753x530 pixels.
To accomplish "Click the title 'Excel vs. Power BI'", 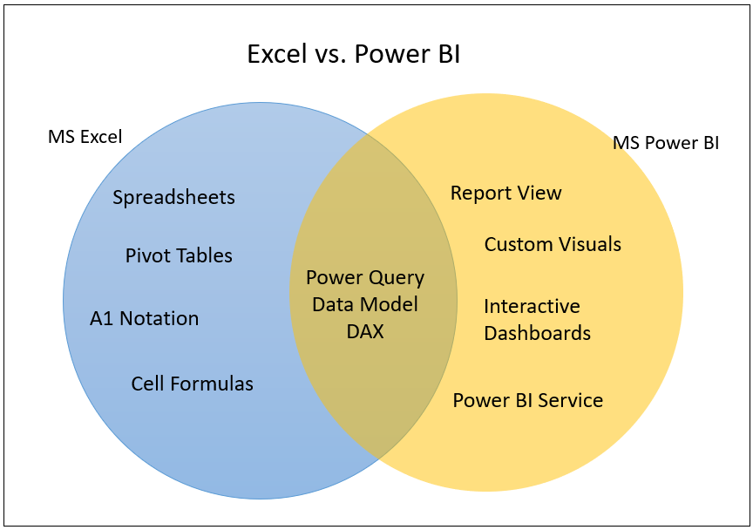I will point(353,54).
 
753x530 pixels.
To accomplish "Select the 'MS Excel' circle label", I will point(85,137).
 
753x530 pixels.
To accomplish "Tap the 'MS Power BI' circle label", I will point(666,143).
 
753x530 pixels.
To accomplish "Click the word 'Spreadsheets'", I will point(173,198).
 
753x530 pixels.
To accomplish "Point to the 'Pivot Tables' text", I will point(179,256).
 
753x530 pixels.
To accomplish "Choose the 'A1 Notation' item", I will point(144,319).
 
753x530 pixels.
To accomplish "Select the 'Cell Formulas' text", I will point(192,384).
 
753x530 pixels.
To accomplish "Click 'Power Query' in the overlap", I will point(365,278).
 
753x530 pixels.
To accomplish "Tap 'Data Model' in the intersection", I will point(365,304).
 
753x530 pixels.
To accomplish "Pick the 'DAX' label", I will point(365,331).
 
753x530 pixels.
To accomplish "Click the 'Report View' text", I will point(505,194).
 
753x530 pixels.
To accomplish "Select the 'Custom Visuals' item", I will point(553,244).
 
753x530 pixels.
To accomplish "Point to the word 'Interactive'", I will point(532,307).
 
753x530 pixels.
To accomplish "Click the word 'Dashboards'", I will point(537,333).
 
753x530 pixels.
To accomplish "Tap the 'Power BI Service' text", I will point(527,401).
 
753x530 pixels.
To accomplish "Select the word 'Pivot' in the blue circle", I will point(147,256).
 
